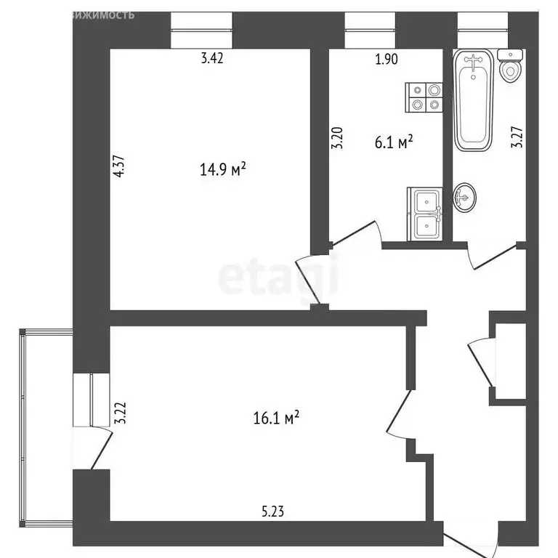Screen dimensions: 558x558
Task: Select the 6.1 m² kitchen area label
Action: click(394, 142)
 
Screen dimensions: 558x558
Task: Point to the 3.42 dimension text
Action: click(211, 60)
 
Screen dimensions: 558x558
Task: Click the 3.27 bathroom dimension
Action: click(517, 134)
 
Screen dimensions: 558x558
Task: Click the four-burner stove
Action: click(425, 97)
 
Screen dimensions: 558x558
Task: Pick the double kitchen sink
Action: click(425, 213)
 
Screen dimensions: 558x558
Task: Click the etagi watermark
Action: click(279, 277)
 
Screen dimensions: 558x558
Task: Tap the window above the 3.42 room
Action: click(201, 29)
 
